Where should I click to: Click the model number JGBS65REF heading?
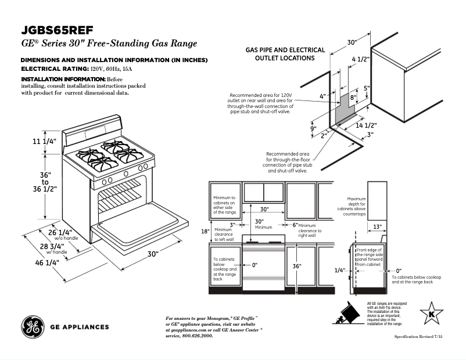click(57, 30)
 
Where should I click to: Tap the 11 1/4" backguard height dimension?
click(44, 142)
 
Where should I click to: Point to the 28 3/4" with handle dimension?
click(56, 247)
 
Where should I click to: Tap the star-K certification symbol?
click(431, 314)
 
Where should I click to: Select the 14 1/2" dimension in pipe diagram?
click(367, 125)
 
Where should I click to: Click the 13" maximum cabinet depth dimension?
click(377, 226)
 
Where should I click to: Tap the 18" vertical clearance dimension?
click(205, 232)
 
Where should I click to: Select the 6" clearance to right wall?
click(295, 225)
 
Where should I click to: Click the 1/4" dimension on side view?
click(339, 270)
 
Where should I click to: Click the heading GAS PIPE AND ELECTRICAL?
click(285, 51)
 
